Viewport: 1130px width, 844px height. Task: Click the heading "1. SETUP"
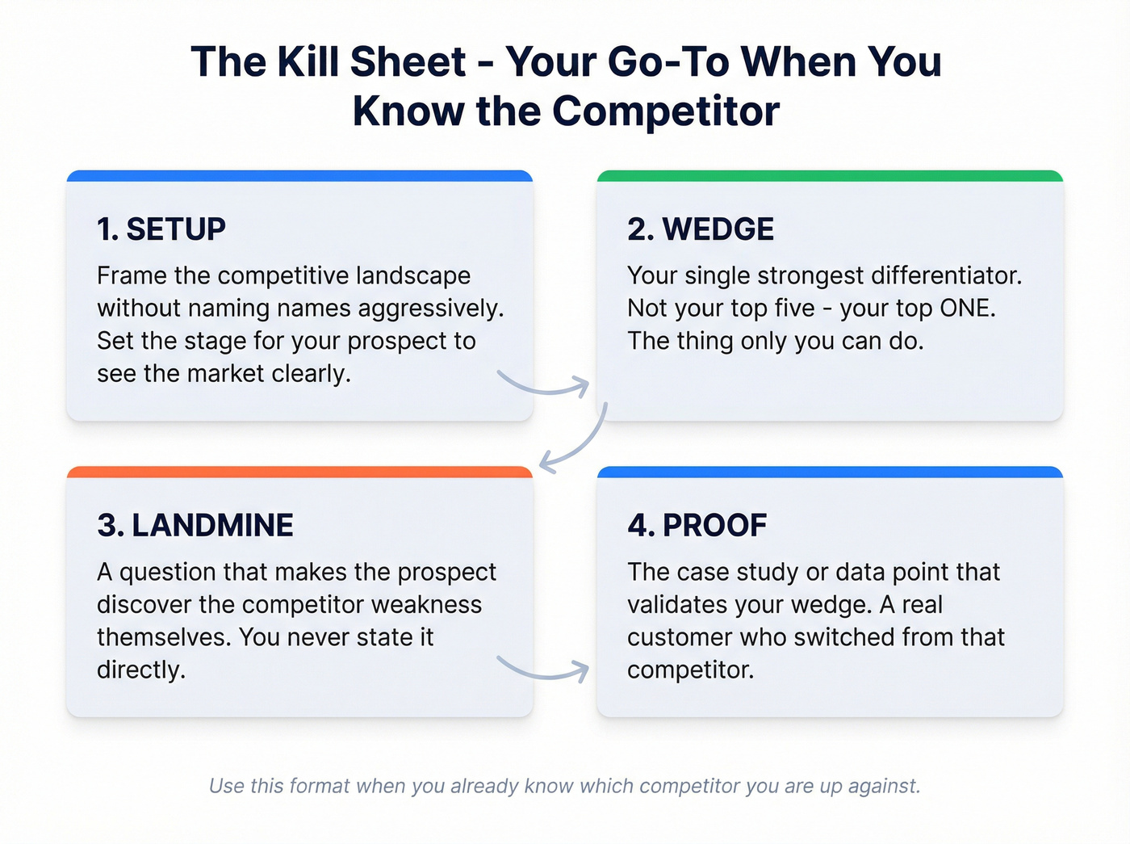(161, 229)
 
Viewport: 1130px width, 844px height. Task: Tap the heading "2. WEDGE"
(701, 229)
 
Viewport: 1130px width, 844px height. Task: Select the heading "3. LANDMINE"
(195, 525)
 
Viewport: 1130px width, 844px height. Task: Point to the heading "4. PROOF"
(697, 525)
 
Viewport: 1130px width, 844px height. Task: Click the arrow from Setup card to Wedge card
(546, 392)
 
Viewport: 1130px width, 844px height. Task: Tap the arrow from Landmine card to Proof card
(546, 676)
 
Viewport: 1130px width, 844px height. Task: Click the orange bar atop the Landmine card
(299, 472)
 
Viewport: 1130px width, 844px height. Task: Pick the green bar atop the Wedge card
(830, 176)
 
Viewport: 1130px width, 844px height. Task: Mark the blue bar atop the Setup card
(299, 176)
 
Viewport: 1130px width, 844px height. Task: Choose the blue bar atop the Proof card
(830, 472)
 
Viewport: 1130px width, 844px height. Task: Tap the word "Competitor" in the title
(666, 111)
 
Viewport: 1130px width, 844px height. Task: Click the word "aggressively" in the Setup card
(430, 309)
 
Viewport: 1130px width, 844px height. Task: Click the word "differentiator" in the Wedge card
(946, 275)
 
